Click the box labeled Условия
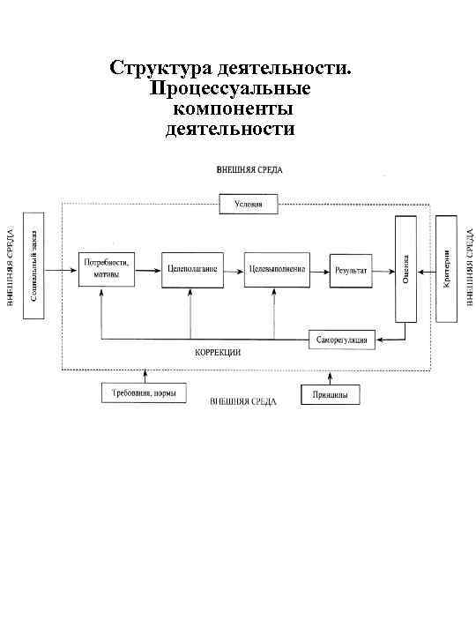[x=248, y=205]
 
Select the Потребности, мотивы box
[x=105, y=268]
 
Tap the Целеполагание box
[x=190, y=268]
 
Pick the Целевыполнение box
[x=277, y=268]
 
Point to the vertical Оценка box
[x=405, y=267]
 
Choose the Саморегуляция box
[x=344, y=340]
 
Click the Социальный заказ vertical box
[x=34, y=265]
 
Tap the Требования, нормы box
[x=143, y=393]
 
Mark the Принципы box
[x=330, y=394]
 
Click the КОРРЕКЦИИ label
[x=218, y=352]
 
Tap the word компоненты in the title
[x=233, y=109]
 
